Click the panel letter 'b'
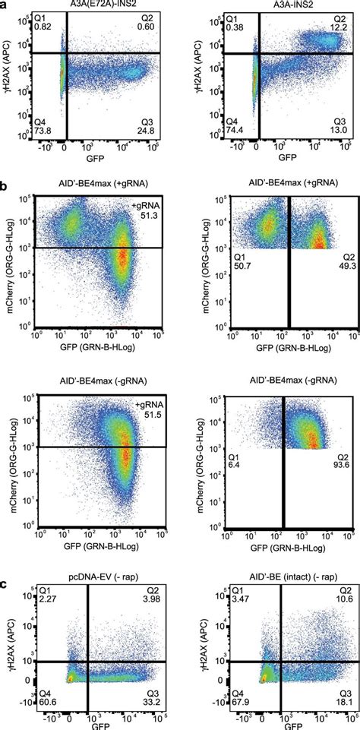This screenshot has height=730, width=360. (x=5, y=185)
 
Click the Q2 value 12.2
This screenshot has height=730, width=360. (x=341, y=28)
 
